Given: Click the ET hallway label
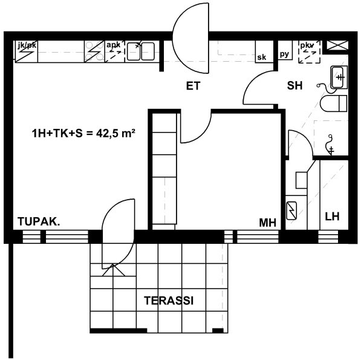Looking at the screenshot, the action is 193,86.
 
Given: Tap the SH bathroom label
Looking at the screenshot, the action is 294,85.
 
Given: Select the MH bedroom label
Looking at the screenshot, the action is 267,223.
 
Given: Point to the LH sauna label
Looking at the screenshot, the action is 332,217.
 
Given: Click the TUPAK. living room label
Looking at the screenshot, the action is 39,221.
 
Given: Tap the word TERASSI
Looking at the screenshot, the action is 169,301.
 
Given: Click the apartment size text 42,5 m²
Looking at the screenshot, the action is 115,133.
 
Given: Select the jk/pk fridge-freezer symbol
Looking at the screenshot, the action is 26,51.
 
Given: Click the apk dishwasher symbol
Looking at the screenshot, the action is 115,51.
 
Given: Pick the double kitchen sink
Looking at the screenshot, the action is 141,51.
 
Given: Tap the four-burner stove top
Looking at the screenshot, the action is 94,51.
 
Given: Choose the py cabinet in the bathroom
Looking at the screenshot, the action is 285,50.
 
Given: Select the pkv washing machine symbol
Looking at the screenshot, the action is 309,52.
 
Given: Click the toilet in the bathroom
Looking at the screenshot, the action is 333,103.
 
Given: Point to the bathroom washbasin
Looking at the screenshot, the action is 339,77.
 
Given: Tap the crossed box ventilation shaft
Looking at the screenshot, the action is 337,45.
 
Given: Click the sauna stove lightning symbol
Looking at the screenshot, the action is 291,211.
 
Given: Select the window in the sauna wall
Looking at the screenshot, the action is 328,237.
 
